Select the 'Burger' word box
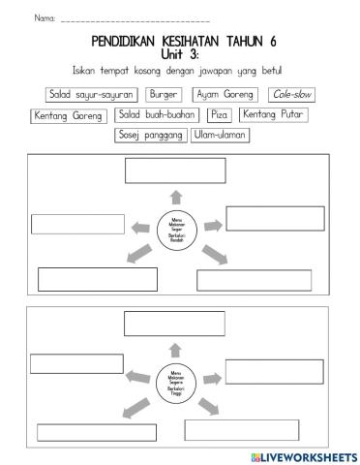(x=163, y=95)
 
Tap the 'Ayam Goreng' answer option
(x=222, y=95)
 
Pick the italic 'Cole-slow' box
(x=291, y=95)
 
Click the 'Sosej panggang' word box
(x=150, y=136)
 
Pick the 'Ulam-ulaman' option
(x=221, y=136)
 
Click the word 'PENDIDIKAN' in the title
(x=127, y=41)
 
